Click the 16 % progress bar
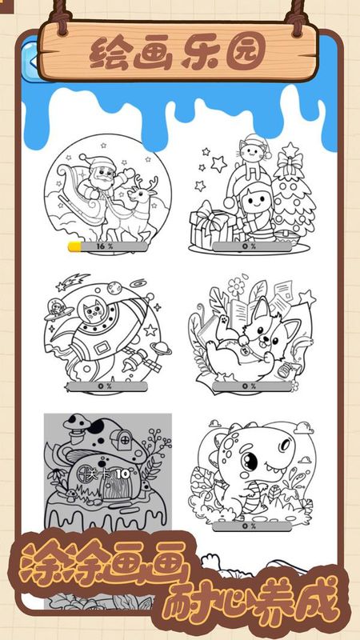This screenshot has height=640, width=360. [x=108, y=246]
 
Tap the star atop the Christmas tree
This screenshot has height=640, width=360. [x=290, y=150]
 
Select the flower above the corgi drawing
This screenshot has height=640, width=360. [x=237, y=286]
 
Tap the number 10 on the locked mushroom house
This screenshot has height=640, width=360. [x=122, y=474]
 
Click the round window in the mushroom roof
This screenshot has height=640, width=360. [x=122, y=441]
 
